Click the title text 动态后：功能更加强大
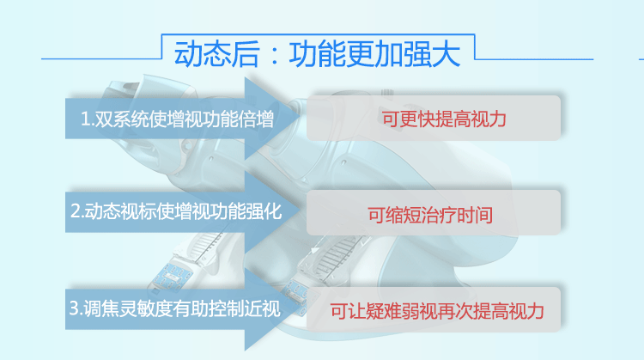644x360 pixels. pyautogui.click(x=317, y=54)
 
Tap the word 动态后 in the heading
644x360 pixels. pyautogui.click(x=217, y=54)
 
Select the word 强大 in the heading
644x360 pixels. pyautogui.click(x=432, y=54)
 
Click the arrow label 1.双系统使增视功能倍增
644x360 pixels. pyautogui.click(x=177, y=119)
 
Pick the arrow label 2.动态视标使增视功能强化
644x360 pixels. pyautogui.click(x=176, y=211)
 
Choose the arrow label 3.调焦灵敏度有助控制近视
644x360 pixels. pyautogui.click(x=175, y=308)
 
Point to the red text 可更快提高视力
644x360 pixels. pyautogui.click(x=444, y=119)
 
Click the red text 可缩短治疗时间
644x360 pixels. pyautogui.click(x=430, y=215)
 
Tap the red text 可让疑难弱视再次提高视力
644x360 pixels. pyautogui.click(x=437, y=311)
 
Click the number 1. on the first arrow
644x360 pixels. pyautogui.click(x=88, y=119)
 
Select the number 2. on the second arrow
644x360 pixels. pyautogui.click(x=77, y=211)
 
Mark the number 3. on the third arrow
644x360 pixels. pyautogui.click(x=76, y=308)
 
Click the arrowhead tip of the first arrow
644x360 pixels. pyautogui.click(x=301, y=119)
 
